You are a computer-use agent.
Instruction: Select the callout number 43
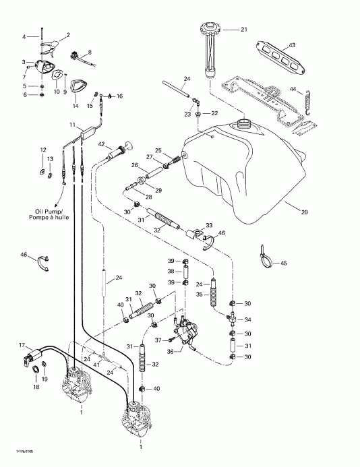(x=293, y=44)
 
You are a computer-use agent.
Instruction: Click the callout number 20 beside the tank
(x=304, y=212)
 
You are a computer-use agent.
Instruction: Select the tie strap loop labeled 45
(x=264, y=255)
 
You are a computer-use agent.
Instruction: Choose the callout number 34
(x=247, y=319)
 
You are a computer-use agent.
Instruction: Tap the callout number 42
(x=101, y=144)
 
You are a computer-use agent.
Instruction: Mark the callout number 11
(x=71, y=125)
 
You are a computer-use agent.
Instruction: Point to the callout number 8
(x=90, y=51)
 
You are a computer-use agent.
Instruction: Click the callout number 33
(x=209, y=225)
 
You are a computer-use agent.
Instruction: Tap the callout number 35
(x=200, y=294)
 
